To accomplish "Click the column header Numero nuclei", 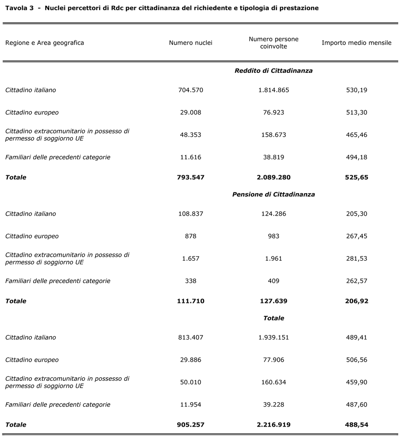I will click(191, 43).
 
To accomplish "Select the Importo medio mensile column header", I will click(356, 43).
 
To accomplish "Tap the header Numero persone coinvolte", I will click(273, 43).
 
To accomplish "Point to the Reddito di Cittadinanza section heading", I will click(273, 71).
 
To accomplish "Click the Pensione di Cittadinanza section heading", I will click(273, 194).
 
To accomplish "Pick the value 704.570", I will click(191, 90).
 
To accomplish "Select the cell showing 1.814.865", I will click(273, 90).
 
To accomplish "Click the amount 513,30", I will click(356, 113).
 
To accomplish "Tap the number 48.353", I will click(191, 135).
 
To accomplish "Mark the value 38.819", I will click(273, 157).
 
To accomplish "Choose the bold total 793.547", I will click(191, 177).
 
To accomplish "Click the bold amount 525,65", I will click(356, 177).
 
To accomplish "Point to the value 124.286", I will click(273, 214).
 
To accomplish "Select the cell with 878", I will click(191, 236).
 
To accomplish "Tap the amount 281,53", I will click(356, 258).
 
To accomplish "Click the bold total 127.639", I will click(273, 301).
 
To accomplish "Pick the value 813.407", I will click(191, 337).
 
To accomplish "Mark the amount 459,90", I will click(356, 382).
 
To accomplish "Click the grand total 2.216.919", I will click(273, 424).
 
